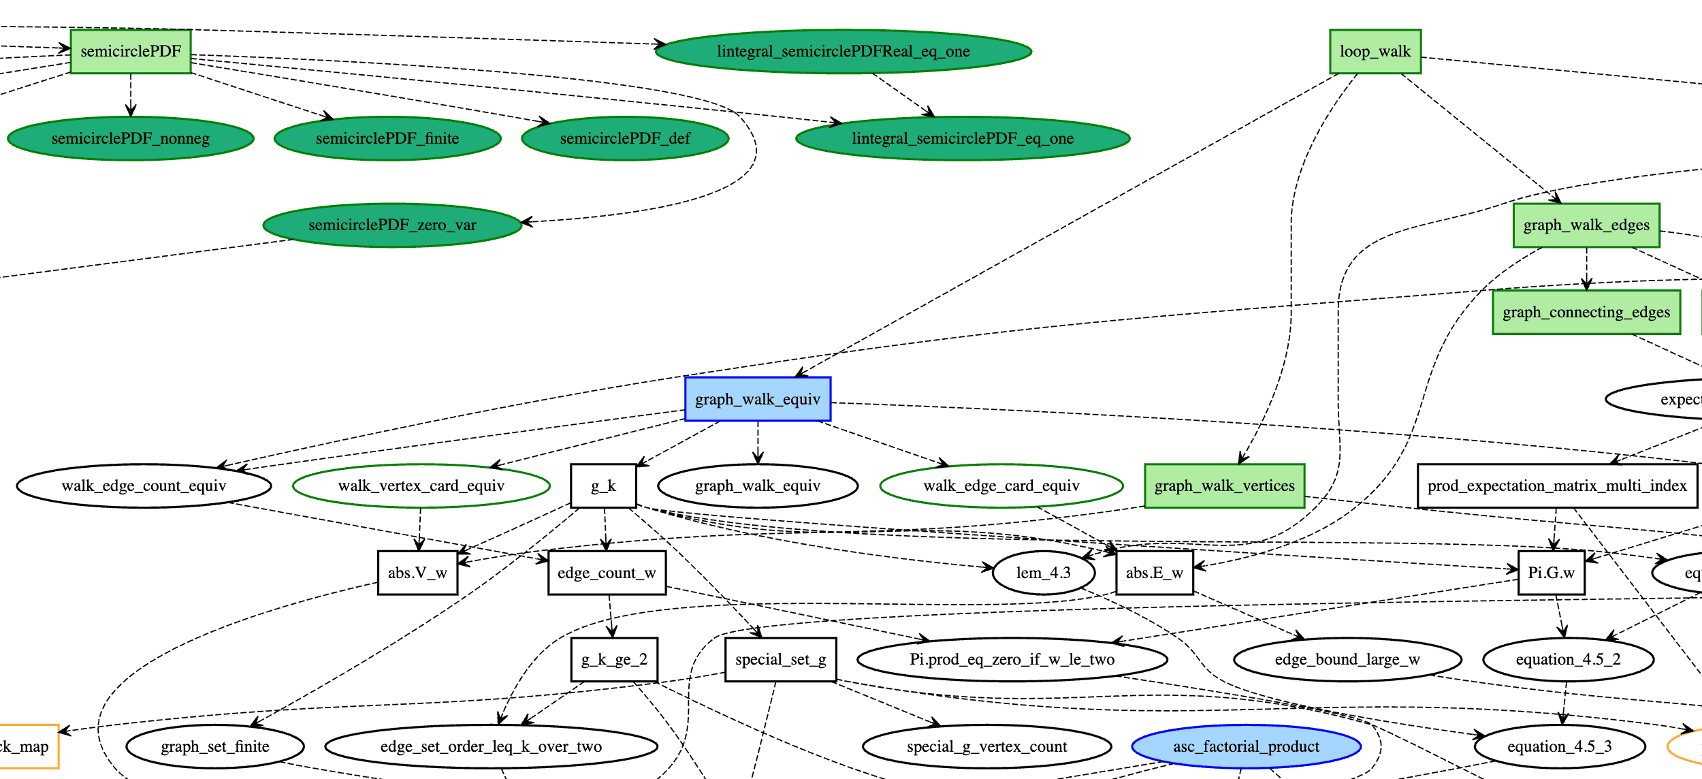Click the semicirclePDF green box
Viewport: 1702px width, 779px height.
point(131,52)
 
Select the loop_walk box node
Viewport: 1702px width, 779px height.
point(1375,52)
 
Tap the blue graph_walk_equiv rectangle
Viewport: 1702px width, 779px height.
point(757,399)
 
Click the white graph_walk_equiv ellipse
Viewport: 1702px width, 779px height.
point(757,486)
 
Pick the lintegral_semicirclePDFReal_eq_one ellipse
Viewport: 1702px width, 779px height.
point(843,52)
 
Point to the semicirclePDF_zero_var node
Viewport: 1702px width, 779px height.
point(392,225)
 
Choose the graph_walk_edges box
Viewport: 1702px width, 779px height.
point(1586,225)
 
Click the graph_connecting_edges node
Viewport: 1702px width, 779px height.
point(1586,313)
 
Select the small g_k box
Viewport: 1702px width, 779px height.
point(603,486)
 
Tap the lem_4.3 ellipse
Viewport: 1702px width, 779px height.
point(1043,573)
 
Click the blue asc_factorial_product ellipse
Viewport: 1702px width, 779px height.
point(1246,747)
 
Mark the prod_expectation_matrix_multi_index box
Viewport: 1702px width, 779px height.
point(1556,486)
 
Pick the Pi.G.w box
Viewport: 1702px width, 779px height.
point(1551,573)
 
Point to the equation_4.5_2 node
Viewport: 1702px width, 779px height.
point(1568,660)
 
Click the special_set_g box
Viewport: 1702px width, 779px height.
point(780,660)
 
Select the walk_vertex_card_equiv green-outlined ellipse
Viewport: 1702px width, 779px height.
point(421,486)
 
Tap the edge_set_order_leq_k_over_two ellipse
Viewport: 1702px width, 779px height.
point(491,747)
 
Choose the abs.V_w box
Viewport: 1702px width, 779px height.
point(417,573)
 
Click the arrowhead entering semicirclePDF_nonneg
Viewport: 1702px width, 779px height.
point(131,112)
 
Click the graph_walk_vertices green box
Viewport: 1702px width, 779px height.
point(1224,486)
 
